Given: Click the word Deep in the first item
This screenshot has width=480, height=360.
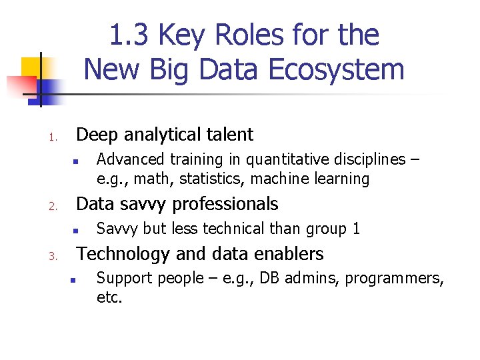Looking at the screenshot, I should coord(97,135).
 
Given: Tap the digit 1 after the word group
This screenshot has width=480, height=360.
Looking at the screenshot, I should coord(357,229).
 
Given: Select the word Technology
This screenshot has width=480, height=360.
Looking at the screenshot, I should coord(123,254).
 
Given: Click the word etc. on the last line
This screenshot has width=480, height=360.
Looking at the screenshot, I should coord(110,297).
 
